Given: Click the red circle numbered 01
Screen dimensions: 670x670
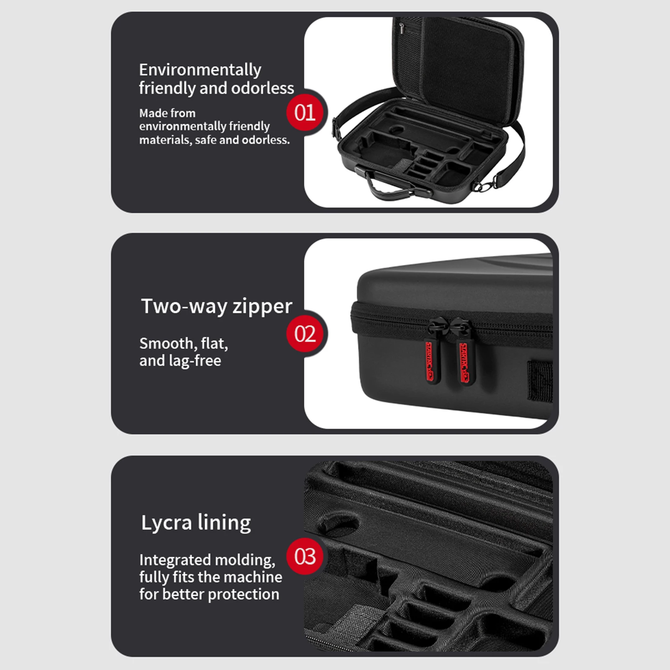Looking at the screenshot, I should pos(305,112).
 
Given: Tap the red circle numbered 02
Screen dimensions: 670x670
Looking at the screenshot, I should pos(305,334).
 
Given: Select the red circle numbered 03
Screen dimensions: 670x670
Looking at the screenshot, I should pos(305,556).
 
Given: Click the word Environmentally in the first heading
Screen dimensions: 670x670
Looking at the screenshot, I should pos(200,70).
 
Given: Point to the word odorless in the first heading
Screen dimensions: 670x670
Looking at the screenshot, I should pos(263,88).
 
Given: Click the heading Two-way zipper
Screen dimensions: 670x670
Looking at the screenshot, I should pos(216,306).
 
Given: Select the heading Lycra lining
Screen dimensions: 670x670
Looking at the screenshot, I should pos(196,523).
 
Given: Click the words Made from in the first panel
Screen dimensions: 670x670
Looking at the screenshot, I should pos(167,113).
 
